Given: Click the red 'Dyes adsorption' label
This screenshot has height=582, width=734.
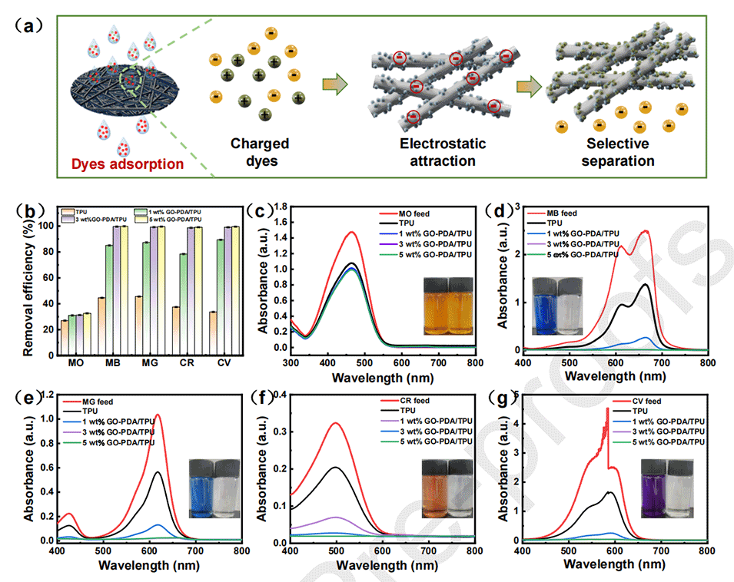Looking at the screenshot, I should [121, 164].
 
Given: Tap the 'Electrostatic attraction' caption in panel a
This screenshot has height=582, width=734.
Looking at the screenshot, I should [437, 152].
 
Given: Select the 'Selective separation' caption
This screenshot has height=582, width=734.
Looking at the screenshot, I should [619, 152].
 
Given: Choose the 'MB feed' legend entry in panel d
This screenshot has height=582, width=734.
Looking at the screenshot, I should [562, 212].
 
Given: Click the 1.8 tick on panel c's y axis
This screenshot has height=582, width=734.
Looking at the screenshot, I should [281, 207].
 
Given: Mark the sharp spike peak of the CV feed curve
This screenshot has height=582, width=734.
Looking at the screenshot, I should [607, 409].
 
